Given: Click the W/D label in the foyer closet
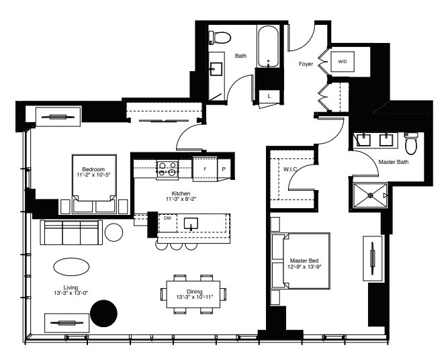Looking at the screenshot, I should [342, 62].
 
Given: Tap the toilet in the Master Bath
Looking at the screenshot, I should [412, 142].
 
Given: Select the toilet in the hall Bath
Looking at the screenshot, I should [222, 37].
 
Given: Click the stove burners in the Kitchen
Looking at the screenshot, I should [166, 169].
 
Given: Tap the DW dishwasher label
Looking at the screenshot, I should [167, 218].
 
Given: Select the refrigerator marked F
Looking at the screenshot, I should [204, 169].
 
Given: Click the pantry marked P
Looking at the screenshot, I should [224, 169].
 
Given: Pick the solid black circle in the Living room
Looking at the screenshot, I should [103, 314].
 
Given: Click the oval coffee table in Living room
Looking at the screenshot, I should [70, 267].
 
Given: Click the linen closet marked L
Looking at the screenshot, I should [269, 95].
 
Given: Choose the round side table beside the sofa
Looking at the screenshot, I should [114, 232].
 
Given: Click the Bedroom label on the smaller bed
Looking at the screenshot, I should [93, 169].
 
